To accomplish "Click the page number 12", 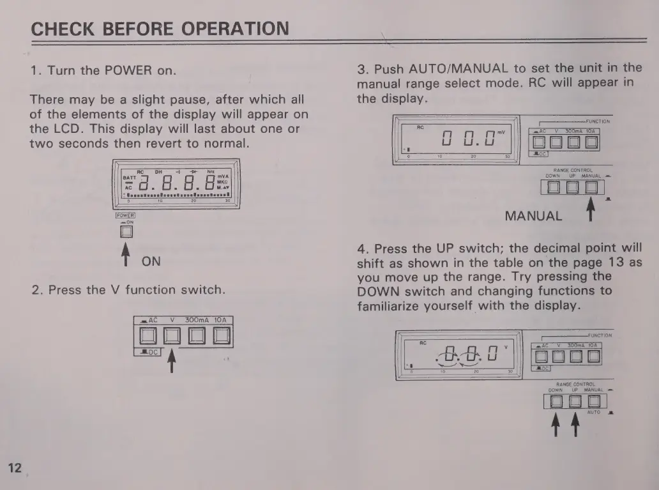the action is coord(14,468).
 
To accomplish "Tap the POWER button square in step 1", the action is coord(126,232).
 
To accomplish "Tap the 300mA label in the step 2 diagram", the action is coord(197,319).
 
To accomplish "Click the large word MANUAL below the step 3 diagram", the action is coord(533,216).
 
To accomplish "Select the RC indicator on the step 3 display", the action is coord(420,127).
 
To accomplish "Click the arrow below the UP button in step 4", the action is coord(574,426).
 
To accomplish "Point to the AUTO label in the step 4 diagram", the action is coord(594,413).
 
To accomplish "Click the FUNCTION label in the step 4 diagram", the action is coord(600,335).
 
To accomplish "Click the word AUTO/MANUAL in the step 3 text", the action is coord(458,68).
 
